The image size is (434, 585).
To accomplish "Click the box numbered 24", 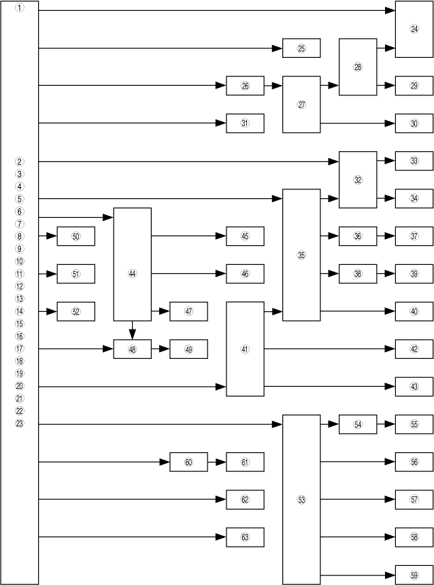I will pyautogui.click(x=414, y=29).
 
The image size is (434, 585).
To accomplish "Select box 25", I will pyautogui.click(x=301, y=48).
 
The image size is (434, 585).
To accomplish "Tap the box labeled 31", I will pyautogui.click(x=245, y=123).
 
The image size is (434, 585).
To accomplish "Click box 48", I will pyautogui.click(x=132, y=349).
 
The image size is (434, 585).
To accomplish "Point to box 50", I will pyautogui.click(x=76, y=236).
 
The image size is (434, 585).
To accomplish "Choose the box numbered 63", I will pyautogui.click(x=245, y=537).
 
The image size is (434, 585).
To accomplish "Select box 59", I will pyautogui.click(x=414, y=575).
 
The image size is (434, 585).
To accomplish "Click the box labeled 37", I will pyautogui.click(x=414, y=236).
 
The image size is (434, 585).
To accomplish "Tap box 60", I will pyautogui.click(x=188, y=462).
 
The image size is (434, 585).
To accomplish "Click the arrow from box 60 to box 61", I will pyautogui.click(x=217, y=462).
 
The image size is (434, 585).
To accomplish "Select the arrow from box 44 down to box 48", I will pyautogui.click(x=132, y=330).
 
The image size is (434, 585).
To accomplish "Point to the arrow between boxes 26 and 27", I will pyautogui.click(x=273, y=86).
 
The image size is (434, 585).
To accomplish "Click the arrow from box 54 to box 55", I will pyautogui.click(x=386, y=424).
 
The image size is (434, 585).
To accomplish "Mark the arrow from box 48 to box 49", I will pyautogui.click(x=161, y=349).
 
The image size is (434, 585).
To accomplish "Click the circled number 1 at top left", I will pyautogui.click(x=20, y=8).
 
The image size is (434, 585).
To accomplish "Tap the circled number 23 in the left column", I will pyautogui.click(x=20, y=424).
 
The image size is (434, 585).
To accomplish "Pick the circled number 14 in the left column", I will pyautogui.click(x=20, y=311).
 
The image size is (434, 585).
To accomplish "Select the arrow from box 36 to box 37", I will pyautogui.click(x=386, y=236).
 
